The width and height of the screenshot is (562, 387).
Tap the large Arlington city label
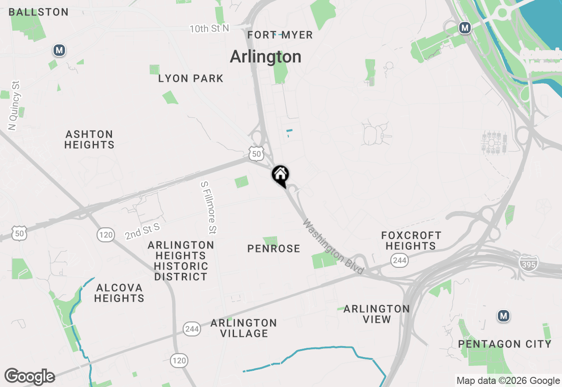click(x=266, y=57)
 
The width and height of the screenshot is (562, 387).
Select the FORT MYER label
click(x=280, y=35)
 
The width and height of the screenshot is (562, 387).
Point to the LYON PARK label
click(x=191, y=79)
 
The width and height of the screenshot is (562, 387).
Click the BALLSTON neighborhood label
click(x=39, y=12)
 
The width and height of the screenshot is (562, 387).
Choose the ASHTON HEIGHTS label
click(x=90, y=139)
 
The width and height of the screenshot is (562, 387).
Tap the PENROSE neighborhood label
click(x=274, y=249)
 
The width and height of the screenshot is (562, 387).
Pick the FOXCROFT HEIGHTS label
click(x=411, y=241)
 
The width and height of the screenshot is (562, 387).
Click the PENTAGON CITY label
click(x=504, y=344)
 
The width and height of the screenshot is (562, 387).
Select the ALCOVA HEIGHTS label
click(x=119, y=293)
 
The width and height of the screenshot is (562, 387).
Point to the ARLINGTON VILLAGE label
click(x=244, y=328)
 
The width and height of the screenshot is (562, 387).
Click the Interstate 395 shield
click(x=528, y=263)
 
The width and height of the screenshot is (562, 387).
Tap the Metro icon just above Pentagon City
click(x=504, y=316)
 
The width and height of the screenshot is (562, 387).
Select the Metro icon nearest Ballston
click(x=59, y=50)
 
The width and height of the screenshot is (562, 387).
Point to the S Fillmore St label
click(x=209, y=208)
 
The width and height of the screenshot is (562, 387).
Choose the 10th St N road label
click(x=209, y=29)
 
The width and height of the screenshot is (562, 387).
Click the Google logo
click(x=29, y=376)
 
